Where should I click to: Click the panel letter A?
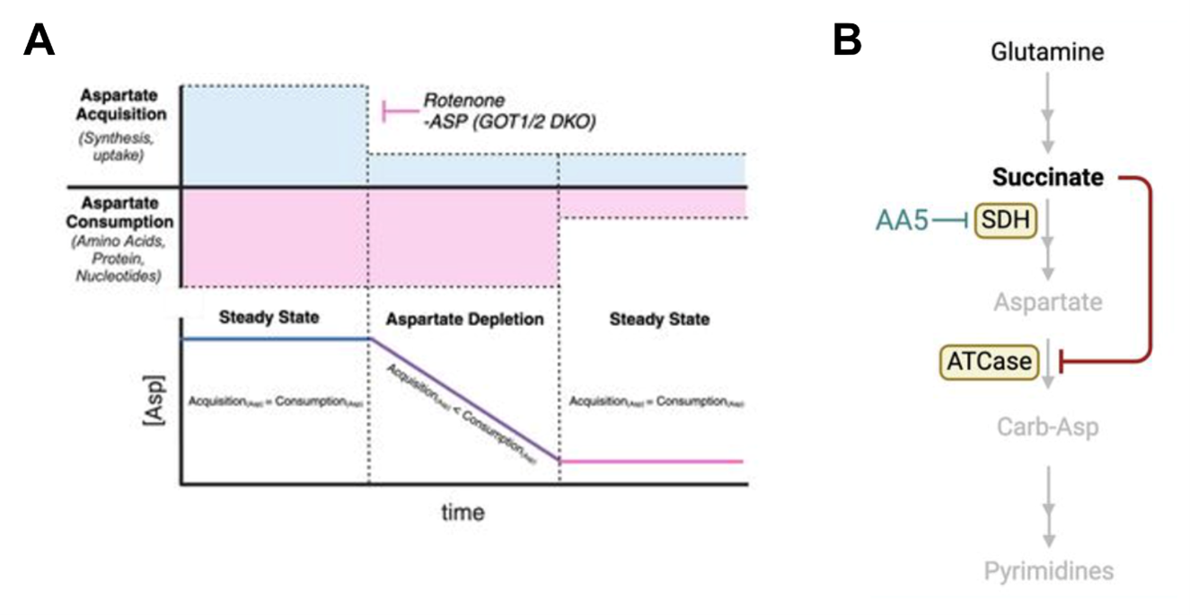[39, 40]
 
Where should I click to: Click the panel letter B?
[847, 40]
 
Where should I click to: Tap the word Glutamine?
[1047, 52]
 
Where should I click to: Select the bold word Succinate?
[1047, 178]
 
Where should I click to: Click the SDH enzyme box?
[1005, 220]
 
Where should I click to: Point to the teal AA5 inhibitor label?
[902, 220]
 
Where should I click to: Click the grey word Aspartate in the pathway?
[1047, 302]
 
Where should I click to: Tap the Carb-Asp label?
[1047, 426]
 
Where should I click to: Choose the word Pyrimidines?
[1047, 571]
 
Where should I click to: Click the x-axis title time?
[463, 513]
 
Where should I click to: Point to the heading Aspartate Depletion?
[464, 320]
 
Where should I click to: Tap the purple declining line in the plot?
[464, 400]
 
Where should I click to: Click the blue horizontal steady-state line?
[275, 338]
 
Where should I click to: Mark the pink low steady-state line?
[652, 461]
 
